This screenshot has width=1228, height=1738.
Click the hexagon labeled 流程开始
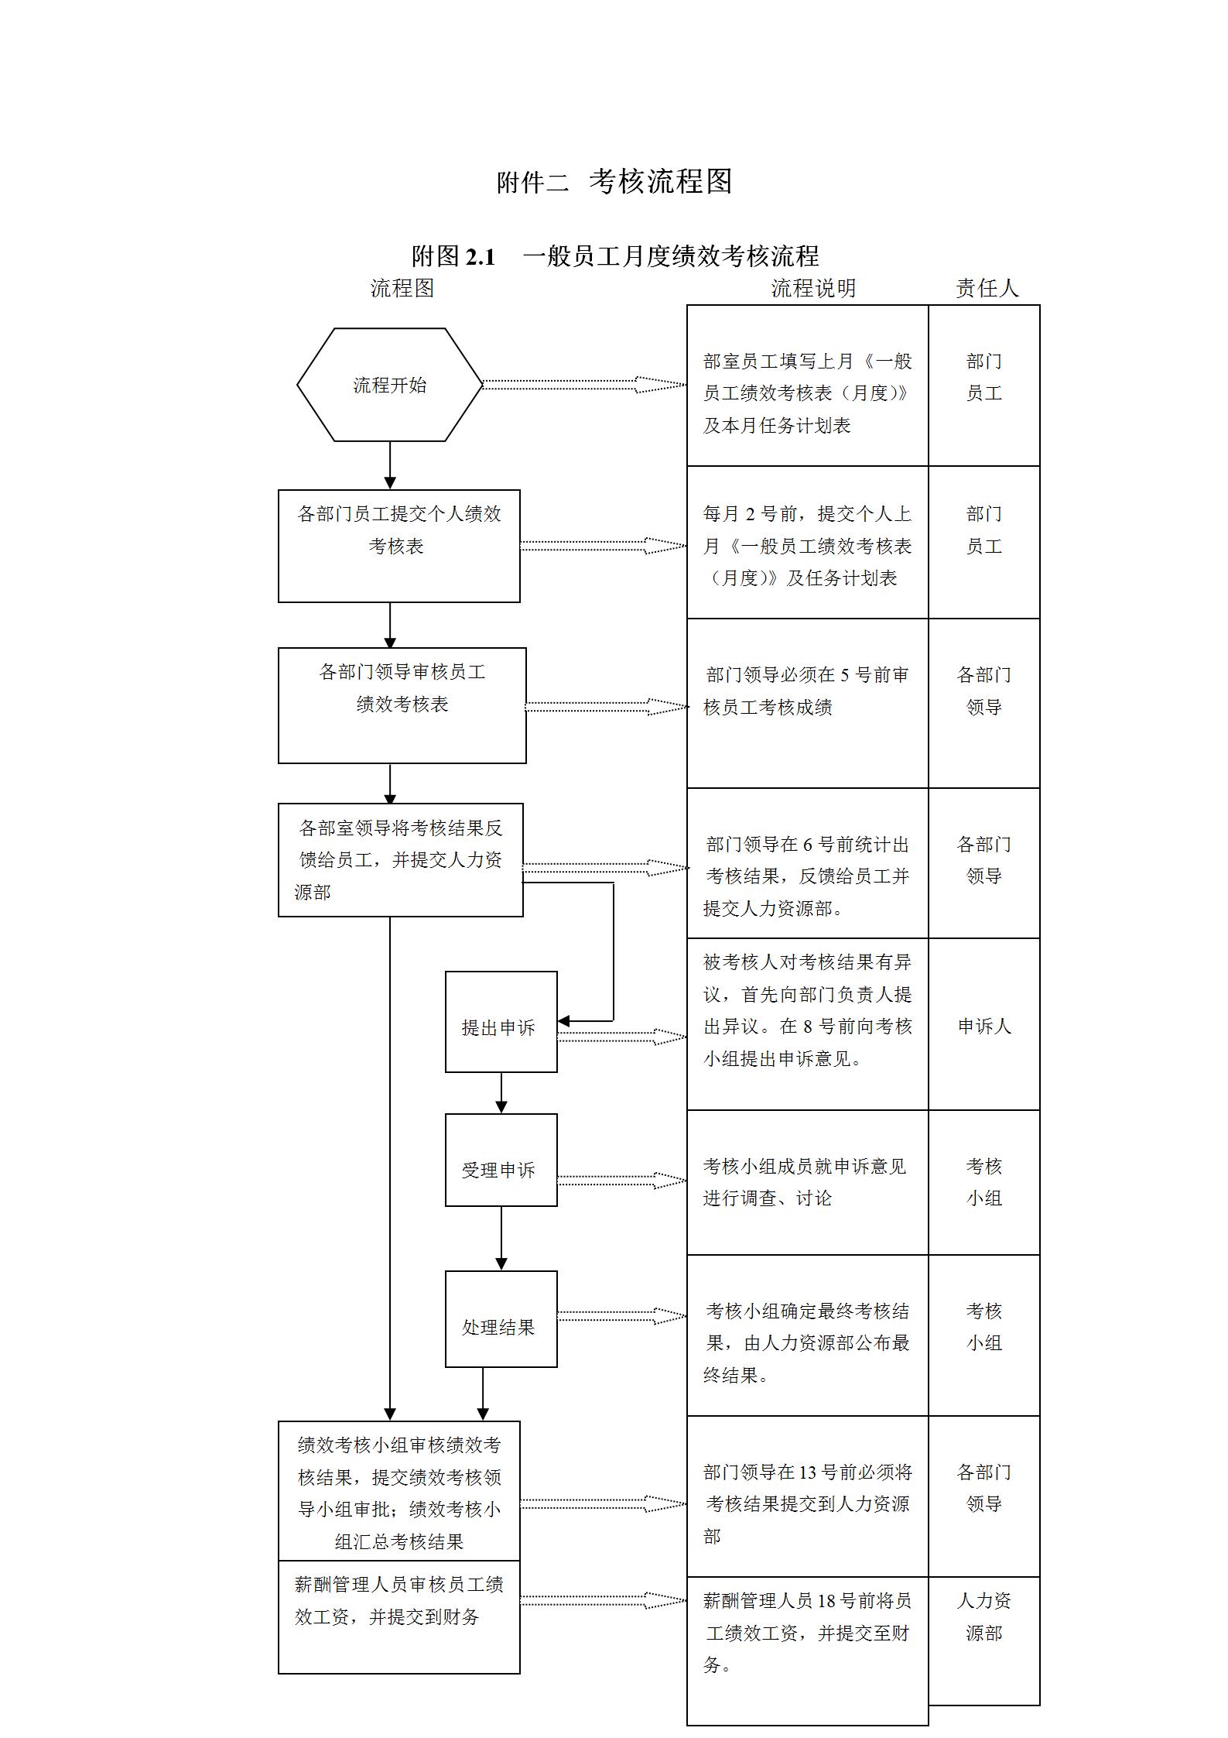tap(389, 385)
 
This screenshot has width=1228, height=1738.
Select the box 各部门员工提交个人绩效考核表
tap(399, 545)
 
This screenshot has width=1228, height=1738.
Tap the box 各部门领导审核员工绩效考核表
tap(402, 704)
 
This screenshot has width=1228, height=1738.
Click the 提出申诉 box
tap(501, 1021)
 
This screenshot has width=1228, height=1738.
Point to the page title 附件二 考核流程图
tap(614, 181)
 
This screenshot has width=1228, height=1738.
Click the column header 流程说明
tap(813, 288)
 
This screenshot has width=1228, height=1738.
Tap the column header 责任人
tap(987, 288)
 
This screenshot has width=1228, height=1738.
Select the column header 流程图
tap(402, 288)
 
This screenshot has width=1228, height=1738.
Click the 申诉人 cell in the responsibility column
tap(983, 1026)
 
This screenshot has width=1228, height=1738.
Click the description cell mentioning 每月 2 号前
tap(807, 545)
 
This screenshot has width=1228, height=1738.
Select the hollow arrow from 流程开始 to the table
tap(584, 384)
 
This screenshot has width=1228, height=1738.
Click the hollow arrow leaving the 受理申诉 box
tap(621, 1181)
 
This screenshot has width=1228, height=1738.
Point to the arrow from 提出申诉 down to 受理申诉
tap(501, 1092)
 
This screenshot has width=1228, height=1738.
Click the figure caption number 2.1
tap(480, 256)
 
